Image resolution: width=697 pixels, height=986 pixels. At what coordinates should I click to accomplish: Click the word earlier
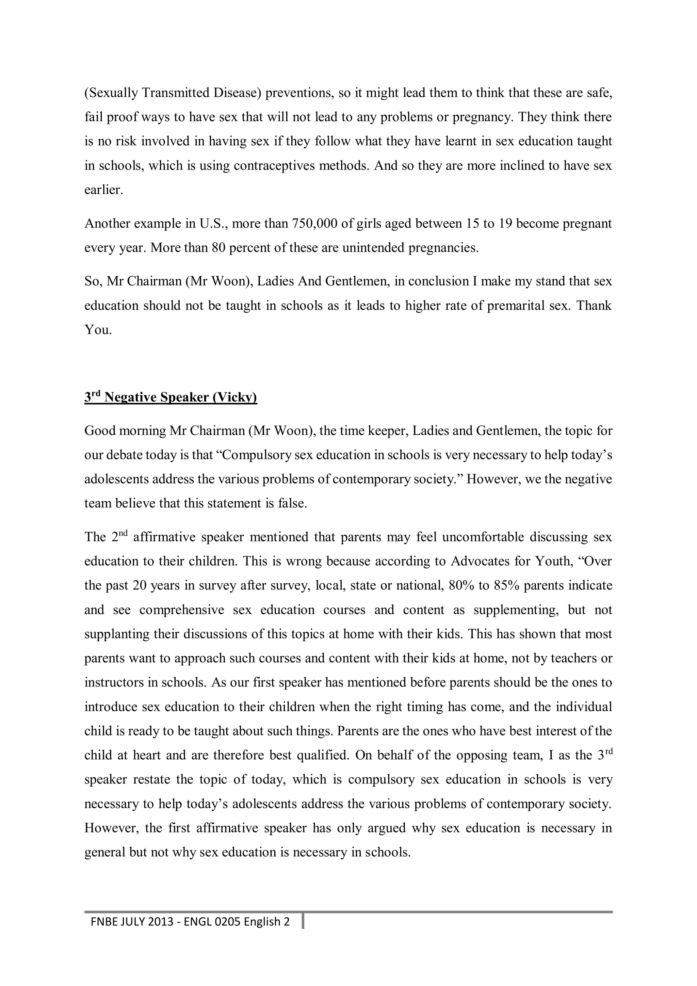click(103, 190)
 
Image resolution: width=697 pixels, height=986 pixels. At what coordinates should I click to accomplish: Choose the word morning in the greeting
click(143, 431)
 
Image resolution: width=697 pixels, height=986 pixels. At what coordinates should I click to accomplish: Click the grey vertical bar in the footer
click(303, 922)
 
